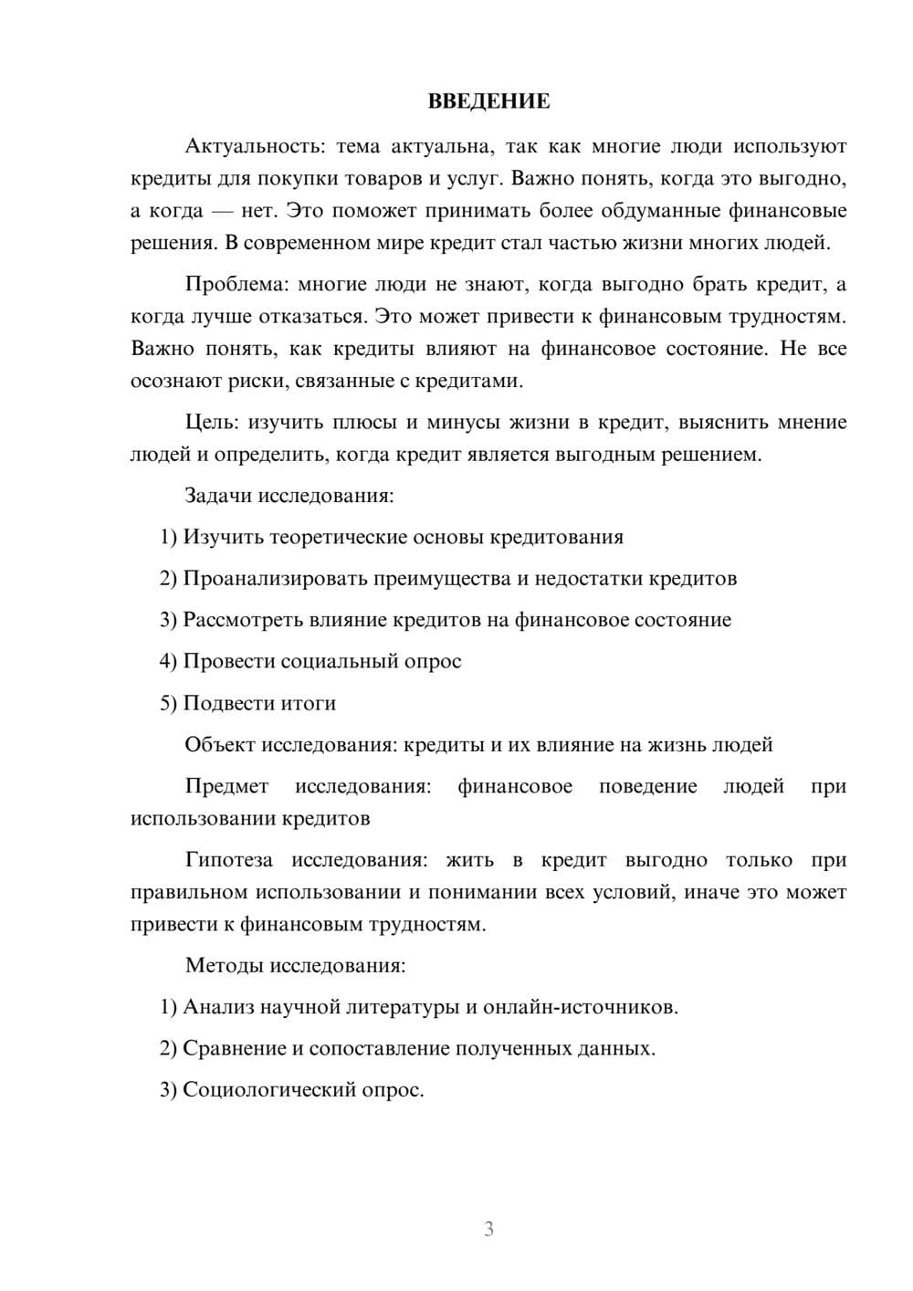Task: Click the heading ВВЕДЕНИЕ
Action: (x=488, y=101)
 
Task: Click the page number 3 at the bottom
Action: (x=488, y=1229)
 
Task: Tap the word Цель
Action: (x=211, y=422)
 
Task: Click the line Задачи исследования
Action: (x=289, y=496)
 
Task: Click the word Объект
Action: (x=220, y=744)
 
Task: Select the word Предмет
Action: (x=226, y=786)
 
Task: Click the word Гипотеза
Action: (x=229, y=860)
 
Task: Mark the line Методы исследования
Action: (x=295, y=965)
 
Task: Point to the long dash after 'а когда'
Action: (x=221, y=211)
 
